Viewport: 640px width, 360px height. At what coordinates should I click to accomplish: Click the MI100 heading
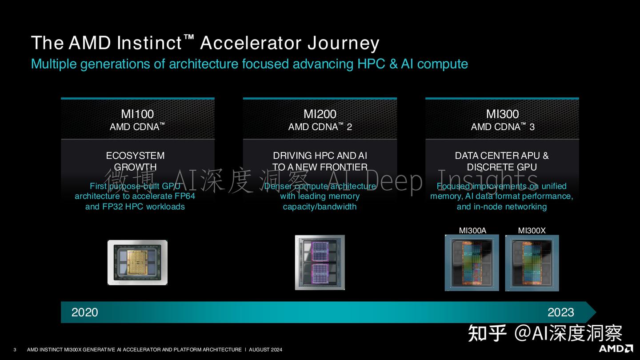pyautogui.click(x=137, y=114)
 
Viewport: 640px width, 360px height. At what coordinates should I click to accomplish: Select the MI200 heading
pyautogui.click(x=320, y=114)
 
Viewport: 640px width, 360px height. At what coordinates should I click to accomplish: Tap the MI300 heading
pyautogui.click(x=502, y=114)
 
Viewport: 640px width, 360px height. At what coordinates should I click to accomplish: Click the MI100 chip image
pyautogui.click(x=137, y=262)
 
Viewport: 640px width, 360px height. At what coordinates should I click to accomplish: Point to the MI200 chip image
pyautogui.click(x=320, y=262)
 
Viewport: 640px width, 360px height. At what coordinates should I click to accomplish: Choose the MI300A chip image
pyautogui.click(x=472, y=263)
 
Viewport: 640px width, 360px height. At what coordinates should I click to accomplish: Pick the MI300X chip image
pyautogui.click(x=532, y=263)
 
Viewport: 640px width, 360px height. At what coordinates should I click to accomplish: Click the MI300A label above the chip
pyautogui.click(x=472, y=230)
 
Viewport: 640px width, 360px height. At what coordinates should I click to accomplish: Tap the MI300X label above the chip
pyautogui.click(x=532, y=230)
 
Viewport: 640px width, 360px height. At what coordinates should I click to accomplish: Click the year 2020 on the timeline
pyautogui.click(x=84, y=312)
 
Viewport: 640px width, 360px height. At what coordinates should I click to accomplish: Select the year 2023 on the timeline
pyautogui.click(x=560, y=312)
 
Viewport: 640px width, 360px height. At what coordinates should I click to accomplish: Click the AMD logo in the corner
pyautogui.click(x=616, y=348)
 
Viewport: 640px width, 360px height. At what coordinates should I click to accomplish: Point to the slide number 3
pyautogui.click(x=15, y=350)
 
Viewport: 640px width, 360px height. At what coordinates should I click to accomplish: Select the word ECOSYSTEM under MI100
pyautogui.click(x=135, y=156)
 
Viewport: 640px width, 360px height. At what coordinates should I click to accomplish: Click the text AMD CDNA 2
pyautogui.click(x=320, y=127)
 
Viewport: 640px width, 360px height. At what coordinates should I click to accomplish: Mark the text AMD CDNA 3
pyautogui.click(x=502, y=127)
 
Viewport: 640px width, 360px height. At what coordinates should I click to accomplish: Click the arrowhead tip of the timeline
pyautogui.click(x=595, y=312)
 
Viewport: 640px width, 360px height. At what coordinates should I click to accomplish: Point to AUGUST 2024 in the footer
pyautogui.click(x=265, y=350)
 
